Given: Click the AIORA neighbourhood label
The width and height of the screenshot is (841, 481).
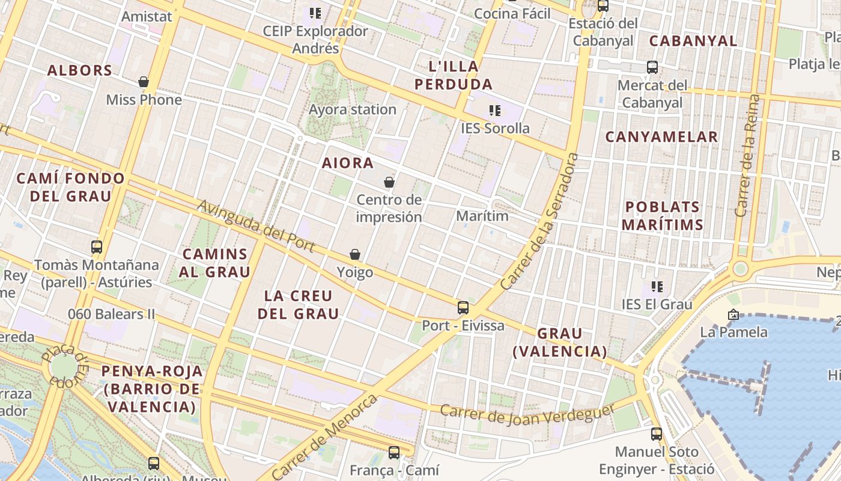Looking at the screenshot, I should pyautogui.click(x=348, y=163).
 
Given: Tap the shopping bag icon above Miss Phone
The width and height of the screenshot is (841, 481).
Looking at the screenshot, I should pyautogui.click(x=144, y=82).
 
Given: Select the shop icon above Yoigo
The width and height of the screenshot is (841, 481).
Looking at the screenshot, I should pyautogui.click(x=355, y=255).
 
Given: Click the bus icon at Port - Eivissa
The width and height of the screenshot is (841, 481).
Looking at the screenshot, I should pyautogui.click(x=463, y=308).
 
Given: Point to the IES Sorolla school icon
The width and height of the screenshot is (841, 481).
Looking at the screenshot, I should pyautogui.click(x=495, y=111).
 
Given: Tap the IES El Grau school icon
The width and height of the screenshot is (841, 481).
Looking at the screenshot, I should pyautogui.click(x=657, y=287).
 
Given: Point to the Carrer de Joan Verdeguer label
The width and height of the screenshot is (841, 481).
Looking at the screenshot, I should pyautogui.click(x=528, y=412).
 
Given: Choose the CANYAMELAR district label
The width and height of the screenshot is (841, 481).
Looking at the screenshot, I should pyautogui.click(x=661, y=137).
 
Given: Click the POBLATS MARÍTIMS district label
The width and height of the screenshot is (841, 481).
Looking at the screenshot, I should pyautogui.click(x=662, y=216).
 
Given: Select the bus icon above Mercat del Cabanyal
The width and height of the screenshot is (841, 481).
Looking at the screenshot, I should pyautogui.click(x=652, y=67).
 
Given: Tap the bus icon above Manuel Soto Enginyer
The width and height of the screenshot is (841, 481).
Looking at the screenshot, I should pyautogui.click(x=657, y=434).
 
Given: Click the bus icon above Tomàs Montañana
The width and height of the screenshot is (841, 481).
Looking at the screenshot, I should pyautogui.click(x=97, y=247).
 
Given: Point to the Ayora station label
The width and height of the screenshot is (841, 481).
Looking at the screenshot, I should pyautogui.click(x=353, y=109).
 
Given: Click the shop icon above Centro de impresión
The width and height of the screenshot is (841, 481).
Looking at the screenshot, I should pyautogui.click(x=389, y=182).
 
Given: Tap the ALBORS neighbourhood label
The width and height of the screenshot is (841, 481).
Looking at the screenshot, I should pyautogui.click(x=80, y=70).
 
